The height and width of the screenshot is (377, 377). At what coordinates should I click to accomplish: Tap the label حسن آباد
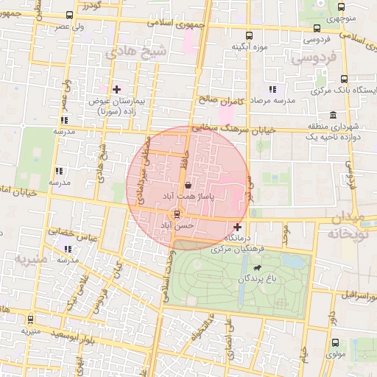click(180, 225)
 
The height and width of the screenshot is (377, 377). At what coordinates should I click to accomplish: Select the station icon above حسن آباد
click(175, 214)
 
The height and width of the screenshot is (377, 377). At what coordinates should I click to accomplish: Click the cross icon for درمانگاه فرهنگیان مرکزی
click(236, 227)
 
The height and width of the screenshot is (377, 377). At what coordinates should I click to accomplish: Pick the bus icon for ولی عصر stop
click(69, 15)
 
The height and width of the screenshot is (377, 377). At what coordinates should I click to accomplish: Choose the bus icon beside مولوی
click(336, 343)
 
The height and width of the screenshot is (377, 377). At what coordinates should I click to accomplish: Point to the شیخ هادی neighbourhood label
click(127, 52)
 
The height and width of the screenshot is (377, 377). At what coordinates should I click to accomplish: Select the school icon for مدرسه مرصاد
click(272, 89)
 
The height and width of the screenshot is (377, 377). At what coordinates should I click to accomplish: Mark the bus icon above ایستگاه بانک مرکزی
click(344, 80)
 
